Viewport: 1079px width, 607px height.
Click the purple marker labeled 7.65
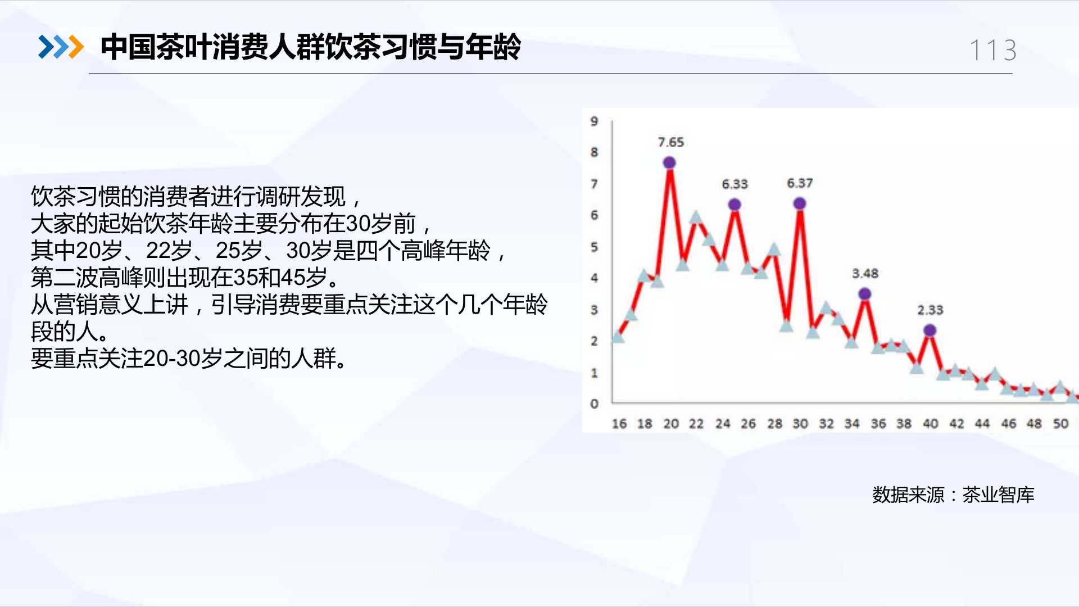pos(669,162)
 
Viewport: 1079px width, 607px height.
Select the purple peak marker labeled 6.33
pos(735,205)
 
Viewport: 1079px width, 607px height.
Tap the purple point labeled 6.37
pos(800,203)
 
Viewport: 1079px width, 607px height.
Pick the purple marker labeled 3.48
pos(865,294)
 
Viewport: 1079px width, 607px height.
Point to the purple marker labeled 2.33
pos(930,330)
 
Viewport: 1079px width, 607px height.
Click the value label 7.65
pos(671,142)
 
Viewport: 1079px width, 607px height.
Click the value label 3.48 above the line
pos(865,274)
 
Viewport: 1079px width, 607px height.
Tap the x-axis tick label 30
pos(800,424)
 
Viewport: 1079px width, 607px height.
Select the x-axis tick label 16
pos(619,424)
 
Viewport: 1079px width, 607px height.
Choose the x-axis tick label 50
pos(1060,424)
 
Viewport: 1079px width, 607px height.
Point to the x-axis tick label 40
pos(931,424)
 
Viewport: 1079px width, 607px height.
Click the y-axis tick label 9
pos(594,121)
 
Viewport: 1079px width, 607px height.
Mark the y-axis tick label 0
pos(594,404)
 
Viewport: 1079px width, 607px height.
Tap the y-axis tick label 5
pos(594,247)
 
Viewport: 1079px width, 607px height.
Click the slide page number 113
pos(993,51)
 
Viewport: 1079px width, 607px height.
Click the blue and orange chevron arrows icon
pos(61,47)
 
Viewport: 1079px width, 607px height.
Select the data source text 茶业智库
pos(998,495)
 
